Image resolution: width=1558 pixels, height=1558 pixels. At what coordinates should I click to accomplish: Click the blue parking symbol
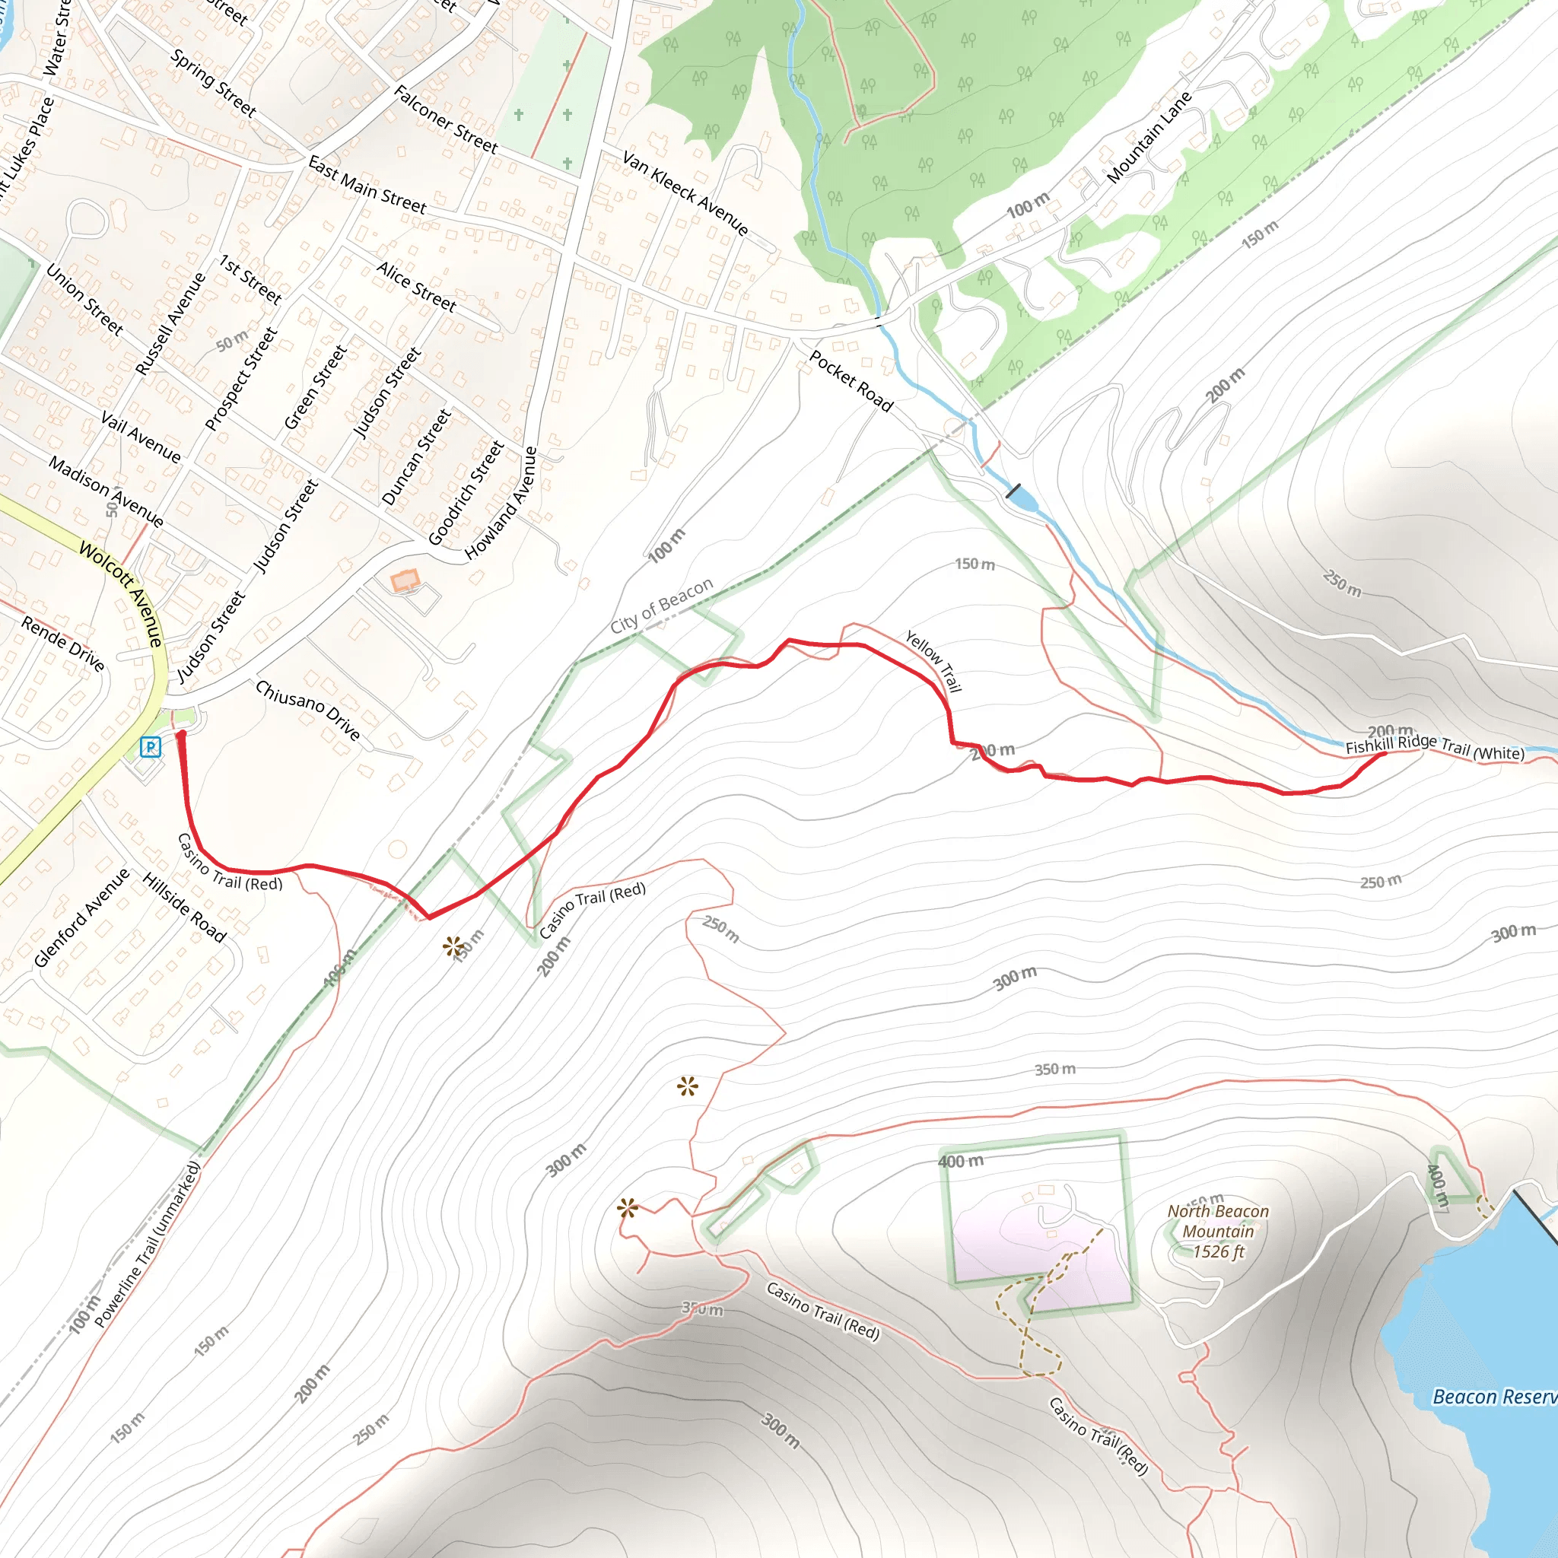click(151, 747)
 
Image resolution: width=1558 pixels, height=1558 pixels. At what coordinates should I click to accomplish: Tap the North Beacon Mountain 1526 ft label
click(1218, 1232)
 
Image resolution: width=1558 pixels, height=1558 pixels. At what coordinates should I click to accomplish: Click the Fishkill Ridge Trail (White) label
click(1435, 747)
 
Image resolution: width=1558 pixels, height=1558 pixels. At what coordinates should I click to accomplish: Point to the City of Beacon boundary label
click(661, 606)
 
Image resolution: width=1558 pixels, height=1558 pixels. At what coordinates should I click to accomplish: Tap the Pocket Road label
click(851, 381)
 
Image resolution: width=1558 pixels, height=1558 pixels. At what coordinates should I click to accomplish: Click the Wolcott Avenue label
click(122, 594)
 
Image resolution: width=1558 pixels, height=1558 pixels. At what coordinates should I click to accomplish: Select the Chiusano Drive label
click(307, 710)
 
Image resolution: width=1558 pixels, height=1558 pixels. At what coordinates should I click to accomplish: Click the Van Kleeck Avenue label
click(685, 193)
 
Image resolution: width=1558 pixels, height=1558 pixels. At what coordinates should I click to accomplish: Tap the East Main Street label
click(367, 186)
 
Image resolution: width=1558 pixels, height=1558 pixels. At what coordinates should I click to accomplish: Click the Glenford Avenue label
click(81, 917)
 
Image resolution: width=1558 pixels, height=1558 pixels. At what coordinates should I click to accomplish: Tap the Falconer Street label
click(446, 119)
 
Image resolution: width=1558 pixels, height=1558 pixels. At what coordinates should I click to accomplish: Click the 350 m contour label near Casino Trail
click(702, 1308)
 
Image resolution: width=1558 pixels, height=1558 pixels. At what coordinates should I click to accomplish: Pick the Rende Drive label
click(63, 644)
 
